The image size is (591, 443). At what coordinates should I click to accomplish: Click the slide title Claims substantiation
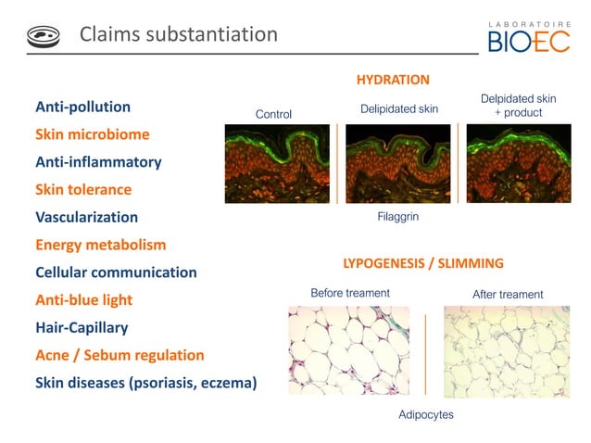pos(178,35)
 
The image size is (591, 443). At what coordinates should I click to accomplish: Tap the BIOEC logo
pos(529,35)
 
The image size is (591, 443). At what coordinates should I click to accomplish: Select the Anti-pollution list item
pos(82,107)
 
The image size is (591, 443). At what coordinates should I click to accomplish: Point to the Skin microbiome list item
pos(92,134)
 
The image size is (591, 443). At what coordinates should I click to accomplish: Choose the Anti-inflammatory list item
pos(98,162)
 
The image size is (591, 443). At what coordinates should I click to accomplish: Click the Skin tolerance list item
pos(83,190)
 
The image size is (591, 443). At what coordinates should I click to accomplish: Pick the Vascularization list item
pos(86,218)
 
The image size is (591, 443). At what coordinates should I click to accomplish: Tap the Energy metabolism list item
pos(100,246)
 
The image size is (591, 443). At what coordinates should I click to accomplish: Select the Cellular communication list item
pos(116,273)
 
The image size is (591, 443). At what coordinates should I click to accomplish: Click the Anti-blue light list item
pos(83,300)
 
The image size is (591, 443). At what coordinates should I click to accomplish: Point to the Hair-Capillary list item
pos(82,328)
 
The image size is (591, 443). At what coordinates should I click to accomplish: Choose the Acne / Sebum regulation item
pos(119,356)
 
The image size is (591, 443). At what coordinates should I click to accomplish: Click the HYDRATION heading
pos(393,80)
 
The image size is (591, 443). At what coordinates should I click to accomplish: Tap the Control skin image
pos(277,164)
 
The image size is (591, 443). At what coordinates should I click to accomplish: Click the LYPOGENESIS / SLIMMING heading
pos(423,263)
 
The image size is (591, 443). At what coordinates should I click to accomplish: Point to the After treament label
pos(508,295)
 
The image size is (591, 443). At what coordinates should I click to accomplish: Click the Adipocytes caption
pos(425,414)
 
